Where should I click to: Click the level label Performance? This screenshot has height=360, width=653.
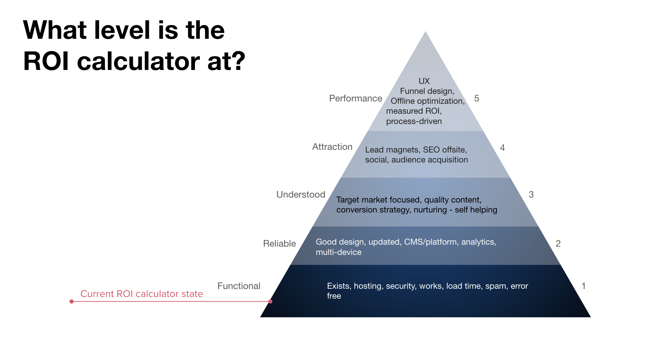pyautogui.click(x=355, y=98)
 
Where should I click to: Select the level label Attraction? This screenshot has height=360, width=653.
pyautogui.click(x=332, y=147)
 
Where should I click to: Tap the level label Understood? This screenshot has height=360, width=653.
pyautogui.click(x=301, y=195)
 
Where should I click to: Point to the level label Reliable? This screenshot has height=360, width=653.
pyautogui.click(x=279, y=244)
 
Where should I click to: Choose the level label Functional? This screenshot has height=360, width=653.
pyautogui.click(x=239, y=286)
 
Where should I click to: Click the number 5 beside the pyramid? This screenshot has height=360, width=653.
pyautogui.click(x=477, y=98)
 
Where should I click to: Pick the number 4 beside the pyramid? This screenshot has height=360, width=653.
pyautogui.click(x=503, y=148)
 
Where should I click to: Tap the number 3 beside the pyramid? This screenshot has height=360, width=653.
pyautogui.click(x=531, y=195)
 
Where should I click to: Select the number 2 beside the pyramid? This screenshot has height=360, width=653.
pyautogui.click(x=558, y=244)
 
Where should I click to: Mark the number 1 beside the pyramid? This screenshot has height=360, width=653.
pyautogui.click(x=583, y=286)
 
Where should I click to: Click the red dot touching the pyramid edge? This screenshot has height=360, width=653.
pyautogui.click(x=270, y=301)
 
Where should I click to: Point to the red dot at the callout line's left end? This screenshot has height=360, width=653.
pyautogui.click(x=72, y=301)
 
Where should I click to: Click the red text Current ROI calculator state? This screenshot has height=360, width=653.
pyautogui.click(x=142, y=294)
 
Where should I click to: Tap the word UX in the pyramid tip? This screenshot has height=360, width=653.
pyautogui.click(x=424, y=81)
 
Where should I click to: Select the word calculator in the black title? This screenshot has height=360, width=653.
pyautogui.click(x=138, y=61)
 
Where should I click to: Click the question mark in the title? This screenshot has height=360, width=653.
pyautogui.click(x=238, y=61)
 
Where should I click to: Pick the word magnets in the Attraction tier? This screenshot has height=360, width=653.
pyautogui.click(x=402, y=150)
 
